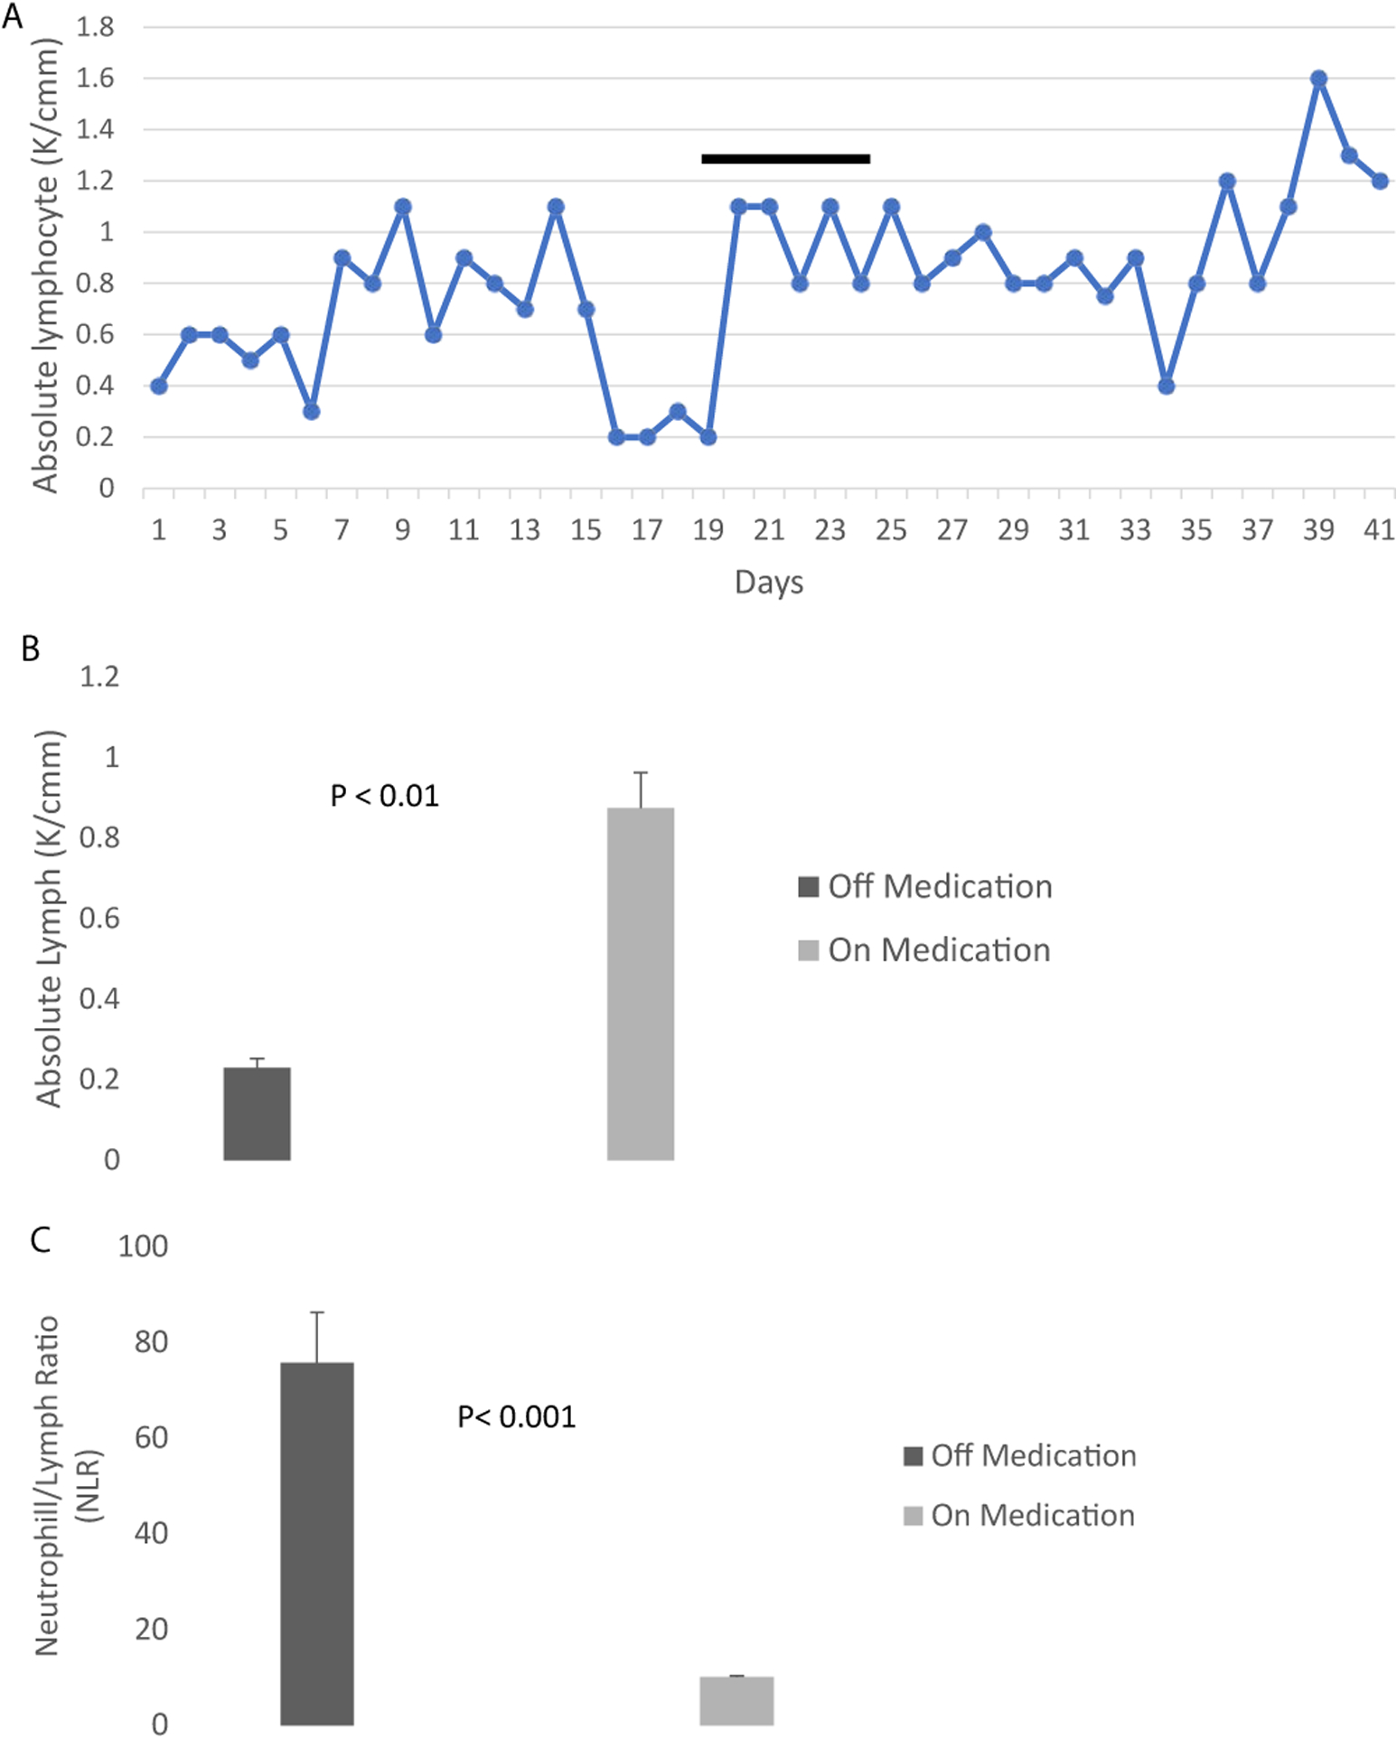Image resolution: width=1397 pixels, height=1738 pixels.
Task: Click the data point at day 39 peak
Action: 1318,79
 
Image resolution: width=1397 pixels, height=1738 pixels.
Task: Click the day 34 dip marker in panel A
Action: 1166,386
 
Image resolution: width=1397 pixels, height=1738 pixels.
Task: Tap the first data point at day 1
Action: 159,386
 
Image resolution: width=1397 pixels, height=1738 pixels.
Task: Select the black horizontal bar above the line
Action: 785,159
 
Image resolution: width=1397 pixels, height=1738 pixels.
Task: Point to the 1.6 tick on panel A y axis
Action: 95,79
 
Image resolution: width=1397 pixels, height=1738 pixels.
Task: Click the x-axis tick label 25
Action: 891,530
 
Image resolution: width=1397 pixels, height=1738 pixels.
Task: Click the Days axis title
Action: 768,583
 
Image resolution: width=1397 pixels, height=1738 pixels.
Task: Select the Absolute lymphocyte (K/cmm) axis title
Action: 45,266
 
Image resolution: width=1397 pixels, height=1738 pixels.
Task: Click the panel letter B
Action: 30,649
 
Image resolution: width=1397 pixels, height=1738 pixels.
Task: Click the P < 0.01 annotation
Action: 385,796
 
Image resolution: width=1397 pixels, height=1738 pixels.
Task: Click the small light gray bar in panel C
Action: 736,1700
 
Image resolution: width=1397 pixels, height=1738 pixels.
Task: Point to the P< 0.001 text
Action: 517,1416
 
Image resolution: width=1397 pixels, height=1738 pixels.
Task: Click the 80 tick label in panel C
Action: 151,1342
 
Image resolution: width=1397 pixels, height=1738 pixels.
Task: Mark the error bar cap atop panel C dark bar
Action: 316,1312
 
